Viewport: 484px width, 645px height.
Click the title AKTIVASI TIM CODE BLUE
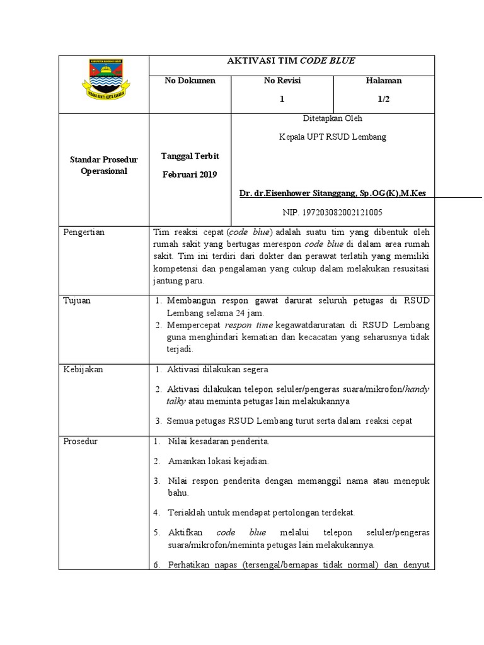(291, 61)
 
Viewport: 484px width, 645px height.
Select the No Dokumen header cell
(190, 81)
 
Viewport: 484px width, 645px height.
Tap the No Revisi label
(282, 81)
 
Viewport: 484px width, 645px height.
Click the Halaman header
(383, 81)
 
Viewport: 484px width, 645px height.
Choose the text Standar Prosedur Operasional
(103, 166)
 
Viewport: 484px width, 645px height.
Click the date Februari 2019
(189, 174)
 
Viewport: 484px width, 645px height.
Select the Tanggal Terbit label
(190, 156)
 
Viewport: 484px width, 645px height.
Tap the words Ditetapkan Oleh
(333, 118)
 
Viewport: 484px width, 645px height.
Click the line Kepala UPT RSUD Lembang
(333, 137)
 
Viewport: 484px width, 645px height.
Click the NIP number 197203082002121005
(333, 212)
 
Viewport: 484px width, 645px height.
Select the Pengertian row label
(84, 232)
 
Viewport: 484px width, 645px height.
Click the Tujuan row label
(77, 300)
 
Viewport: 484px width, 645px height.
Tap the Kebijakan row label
(83, 370)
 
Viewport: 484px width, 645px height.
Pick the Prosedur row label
(81, 442)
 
